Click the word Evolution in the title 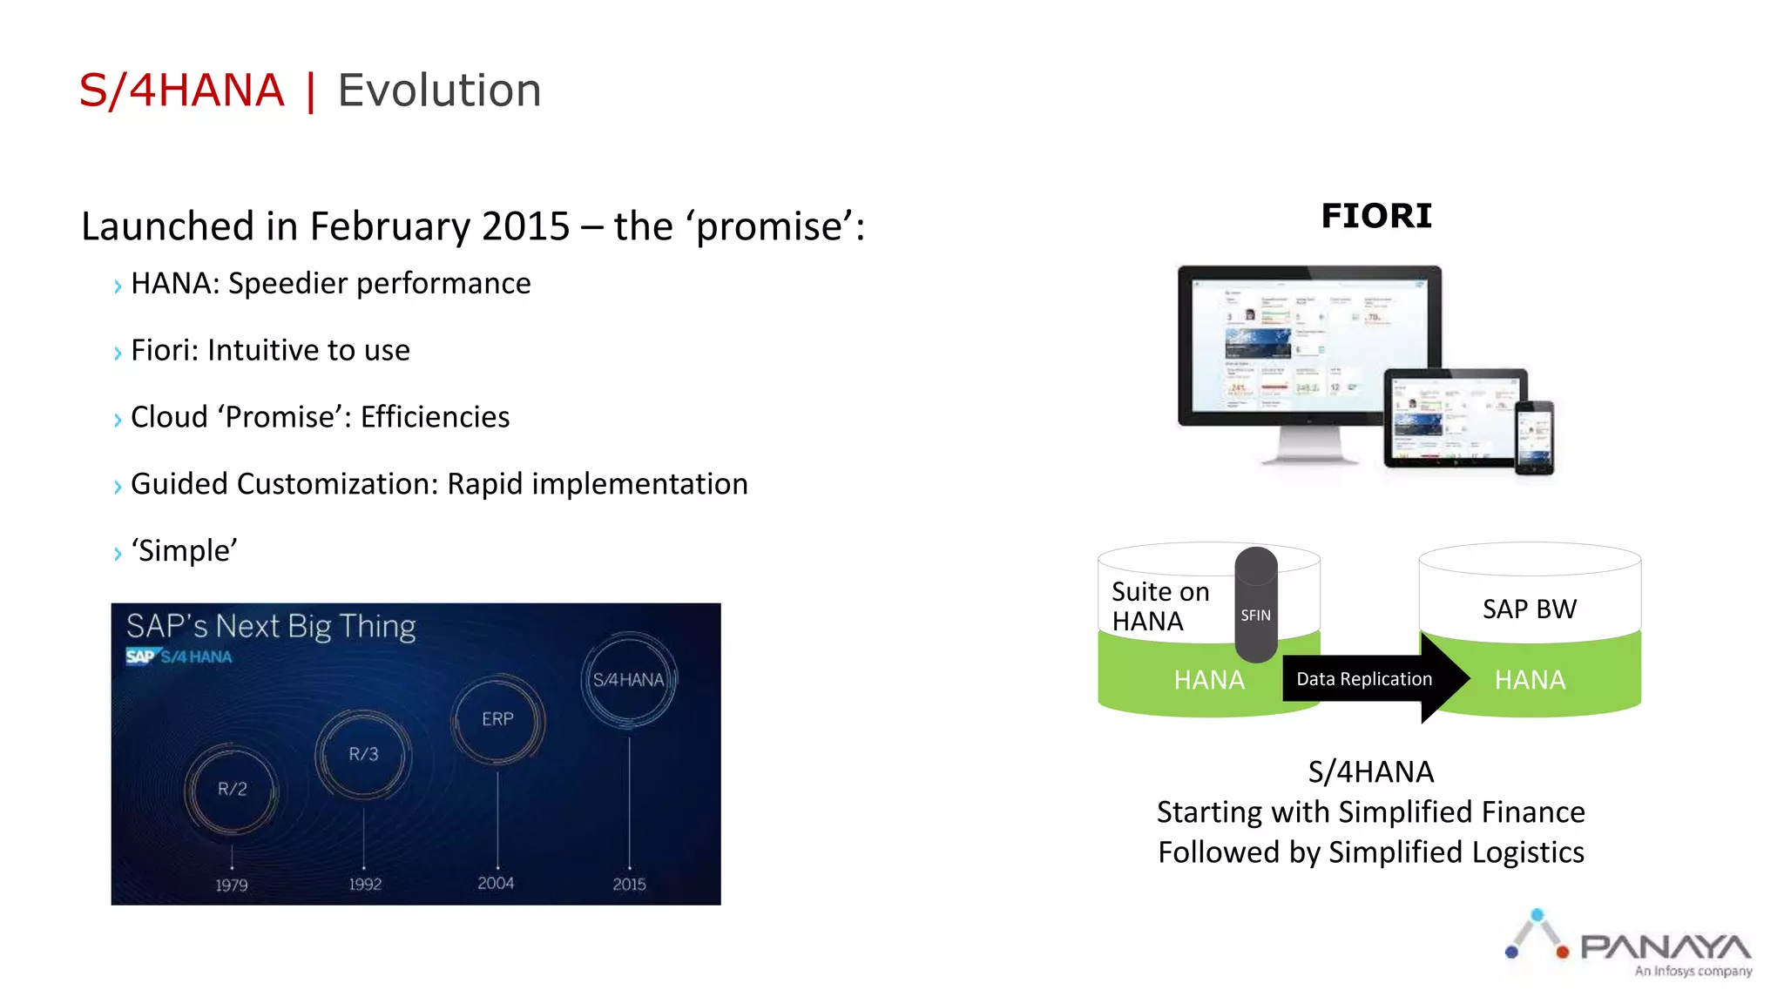click(x=439, y=91)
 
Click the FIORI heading click(x=1375, y=216)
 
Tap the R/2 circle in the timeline click(x=232, y=790)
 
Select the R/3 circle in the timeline click(x=363, y=754)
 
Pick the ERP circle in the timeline click(x=497, y=719)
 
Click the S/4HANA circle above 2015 click(x=628, y=680)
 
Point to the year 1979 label click(x=232, y=885)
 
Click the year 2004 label click(x=496, y=883)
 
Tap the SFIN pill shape click(x=1255, y=606)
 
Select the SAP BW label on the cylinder click(x=1529, y=609)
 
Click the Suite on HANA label click(x=1160, y=606)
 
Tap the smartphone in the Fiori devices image click(x=1534, y=437)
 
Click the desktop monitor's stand click(x=1308, y=446)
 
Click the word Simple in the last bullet click(x=184, y=550)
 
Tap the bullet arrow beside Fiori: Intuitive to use click(x=118, y=353)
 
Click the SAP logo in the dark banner click(x=140, y=656)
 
